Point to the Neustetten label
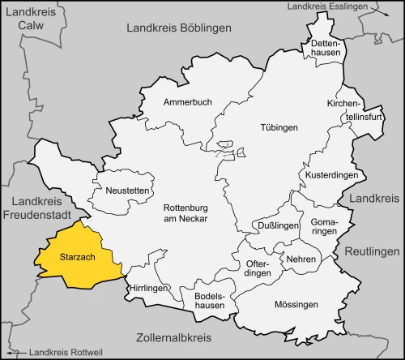tap(126, 190)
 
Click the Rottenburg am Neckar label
tap(186, 212)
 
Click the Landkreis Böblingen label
tap(179, 28)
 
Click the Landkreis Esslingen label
tap(328, 7)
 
